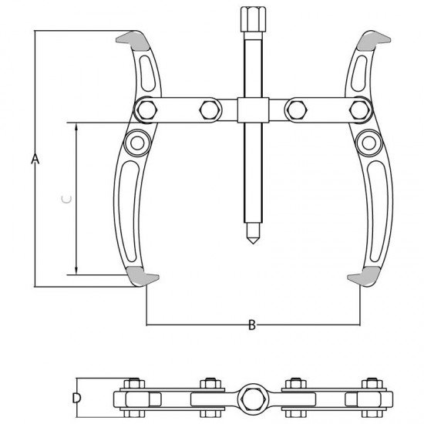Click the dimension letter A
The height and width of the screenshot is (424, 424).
35,159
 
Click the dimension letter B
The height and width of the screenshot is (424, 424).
252,325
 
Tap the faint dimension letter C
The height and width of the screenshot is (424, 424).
66,200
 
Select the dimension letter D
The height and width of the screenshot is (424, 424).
77,398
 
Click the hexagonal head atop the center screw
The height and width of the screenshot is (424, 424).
253,19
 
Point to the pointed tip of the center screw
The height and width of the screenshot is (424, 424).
253,244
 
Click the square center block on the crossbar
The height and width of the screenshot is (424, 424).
253,109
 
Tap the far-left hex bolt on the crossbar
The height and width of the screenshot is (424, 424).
146,110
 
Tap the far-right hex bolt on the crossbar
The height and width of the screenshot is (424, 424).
360,110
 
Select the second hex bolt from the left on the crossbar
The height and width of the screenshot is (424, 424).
210,110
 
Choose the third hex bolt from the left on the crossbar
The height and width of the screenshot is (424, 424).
297,110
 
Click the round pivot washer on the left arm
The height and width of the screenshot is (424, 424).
137,143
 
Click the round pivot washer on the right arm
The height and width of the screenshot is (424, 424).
368,143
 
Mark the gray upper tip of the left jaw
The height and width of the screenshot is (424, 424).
133,41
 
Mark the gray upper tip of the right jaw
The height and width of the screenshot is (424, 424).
374,41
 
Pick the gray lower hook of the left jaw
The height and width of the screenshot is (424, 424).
141,276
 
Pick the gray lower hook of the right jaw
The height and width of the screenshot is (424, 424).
365,276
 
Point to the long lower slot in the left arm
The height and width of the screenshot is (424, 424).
129,211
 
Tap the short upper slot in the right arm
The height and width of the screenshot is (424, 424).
360,73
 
